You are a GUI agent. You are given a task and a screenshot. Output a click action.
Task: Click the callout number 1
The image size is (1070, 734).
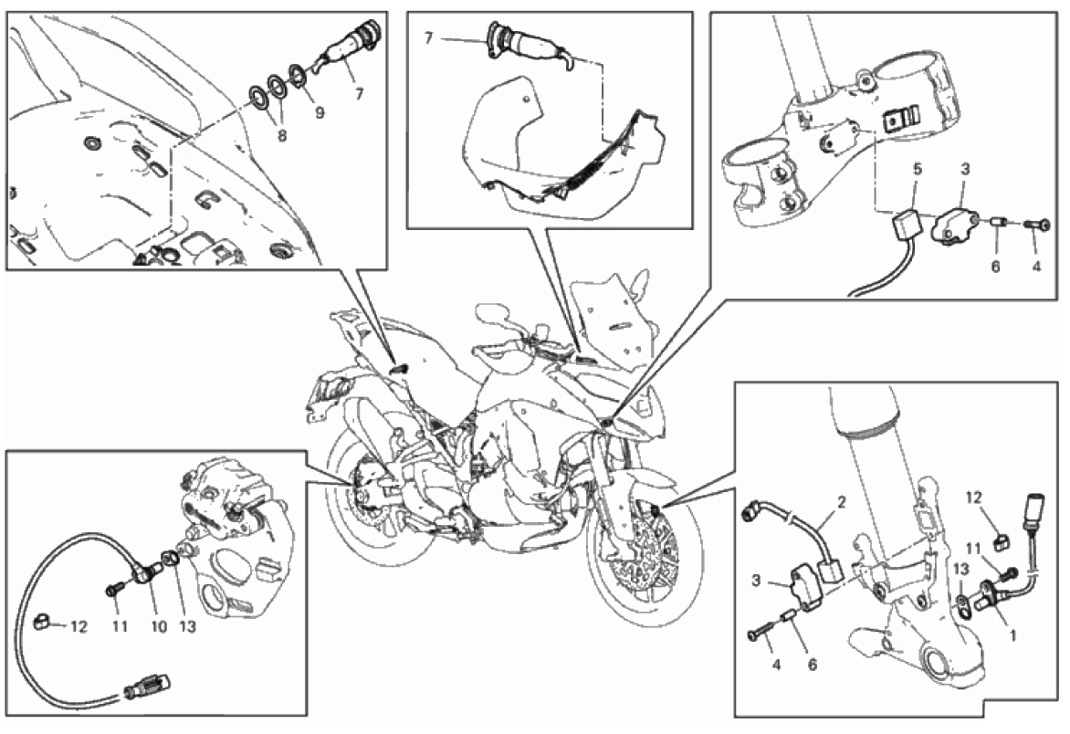pyautogui.click(x=1012, y=635)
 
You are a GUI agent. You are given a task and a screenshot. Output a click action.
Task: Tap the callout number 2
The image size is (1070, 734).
pyautogui.click(x=842, y=503)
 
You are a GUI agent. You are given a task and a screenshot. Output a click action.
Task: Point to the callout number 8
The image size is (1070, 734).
pyautogui.click(x=282, y=135)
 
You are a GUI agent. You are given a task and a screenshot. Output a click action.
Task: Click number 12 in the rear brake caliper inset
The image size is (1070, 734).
pyautogui.click(x=79, y=625)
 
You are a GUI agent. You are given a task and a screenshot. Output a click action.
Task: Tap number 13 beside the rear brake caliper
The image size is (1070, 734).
pyautogui.click(x=187, y=625)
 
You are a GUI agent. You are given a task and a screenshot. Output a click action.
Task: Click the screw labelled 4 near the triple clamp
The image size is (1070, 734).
pyautogui.click(x=1036, y=225)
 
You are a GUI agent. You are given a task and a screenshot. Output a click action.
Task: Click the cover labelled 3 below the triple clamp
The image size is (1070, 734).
pyautogui.click(x=952, y=225)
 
